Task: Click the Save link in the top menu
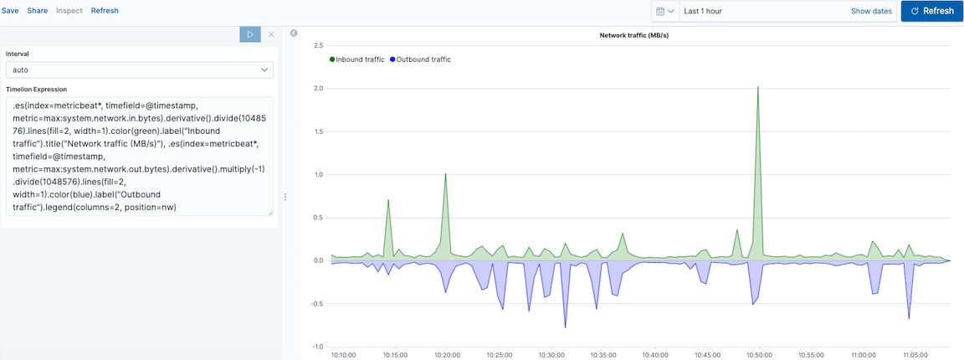(x=10, y=11)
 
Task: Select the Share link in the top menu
(x=37, y=11)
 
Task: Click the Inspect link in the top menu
(x=69, y=11)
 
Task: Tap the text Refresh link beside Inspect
(x=105, y=11)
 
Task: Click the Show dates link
(x=871, y=11)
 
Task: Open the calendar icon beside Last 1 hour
(x=665, y=11)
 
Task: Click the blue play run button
(x=249, y=34)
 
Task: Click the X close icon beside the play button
(x=270, y=34)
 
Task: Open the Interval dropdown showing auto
(x=139, y=70)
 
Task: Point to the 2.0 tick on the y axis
(x=318, y=88)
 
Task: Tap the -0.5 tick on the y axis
(x=316, y=303)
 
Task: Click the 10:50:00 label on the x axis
(x=759, y=354)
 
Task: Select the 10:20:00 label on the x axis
(x=447, y=354)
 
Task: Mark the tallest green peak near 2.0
(x=758, y=87)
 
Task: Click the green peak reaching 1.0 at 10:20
(x=445, y=174)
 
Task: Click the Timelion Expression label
(x=36, y=89)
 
